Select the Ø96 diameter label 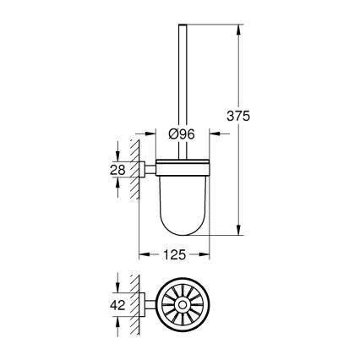183,133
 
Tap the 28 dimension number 120,170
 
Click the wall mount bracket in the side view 147,170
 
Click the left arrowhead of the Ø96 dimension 154,133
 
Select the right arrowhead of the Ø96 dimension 214,133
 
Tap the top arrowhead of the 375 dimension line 238,29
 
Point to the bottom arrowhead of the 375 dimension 238,230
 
